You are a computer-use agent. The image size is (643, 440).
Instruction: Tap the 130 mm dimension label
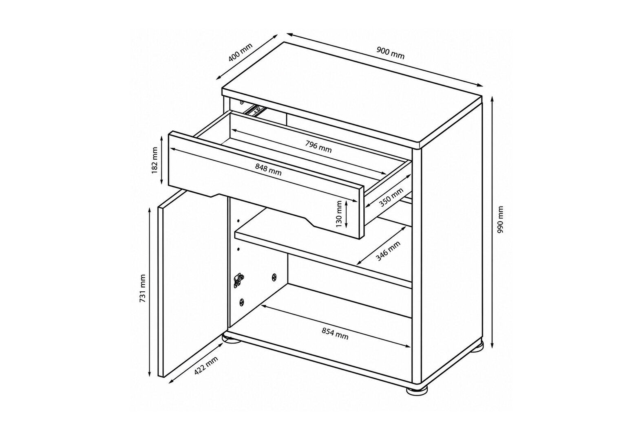click(339, 214)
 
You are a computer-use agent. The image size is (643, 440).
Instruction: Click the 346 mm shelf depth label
click(388, 251)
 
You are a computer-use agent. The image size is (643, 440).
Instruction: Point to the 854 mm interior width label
click(335, 334)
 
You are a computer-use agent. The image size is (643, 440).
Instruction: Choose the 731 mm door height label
click(143, 288)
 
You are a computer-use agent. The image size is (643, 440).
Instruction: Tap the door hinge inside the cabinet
click(239, 280)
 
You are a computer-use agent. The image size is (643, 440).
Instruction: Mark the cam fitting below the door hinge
click(242, 302)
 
